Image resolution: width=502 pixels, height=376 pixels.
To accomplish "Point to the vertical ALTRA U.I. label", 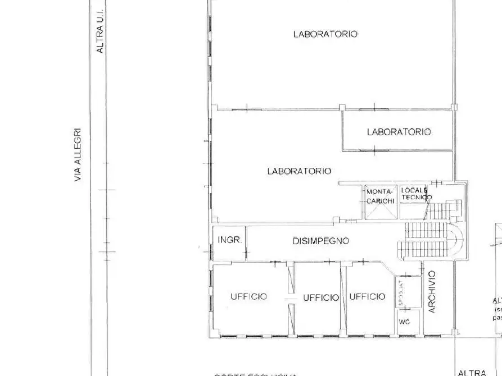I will coord(101,34).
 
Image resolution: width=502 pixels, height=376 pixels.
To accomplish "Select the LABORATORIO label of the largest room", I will coord(325,34).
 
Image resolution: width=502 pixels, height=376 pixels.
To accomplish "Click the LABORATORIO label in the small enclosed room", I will coord(399,132).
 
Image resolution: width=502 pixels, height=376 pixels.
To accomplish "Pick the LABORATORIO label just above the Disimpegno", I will coord(299,171).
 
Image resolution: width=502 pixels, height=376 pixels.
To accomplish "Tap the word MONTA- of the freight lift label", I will coord(381,192).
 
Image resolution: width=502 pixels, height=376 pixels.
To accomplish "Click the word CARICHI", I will coord(381,200).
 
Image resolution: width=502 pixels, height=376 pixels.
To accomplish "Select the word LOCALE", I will coord(414,190).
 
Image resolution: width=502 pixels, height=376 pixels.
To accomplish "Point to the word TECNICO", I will coord(417,198).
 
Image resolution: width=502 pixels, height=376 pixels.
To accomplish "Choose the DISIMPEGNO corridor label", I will coord(320,241).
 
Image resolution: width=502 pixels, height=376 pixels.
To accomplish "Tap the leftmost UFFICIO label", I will coord(248,296).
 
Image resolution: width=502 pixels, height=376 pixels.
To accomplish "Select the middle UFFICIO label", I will coord(321,298).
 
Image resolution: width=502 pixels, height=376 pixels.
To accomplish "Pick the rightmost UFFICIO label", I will coord(368,296).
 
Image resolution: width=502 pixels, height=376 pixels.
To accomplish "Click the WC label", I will coord(404,323).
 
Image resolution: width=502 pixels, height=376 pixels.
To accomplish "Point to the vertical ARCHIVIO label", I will coord(432,292).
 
